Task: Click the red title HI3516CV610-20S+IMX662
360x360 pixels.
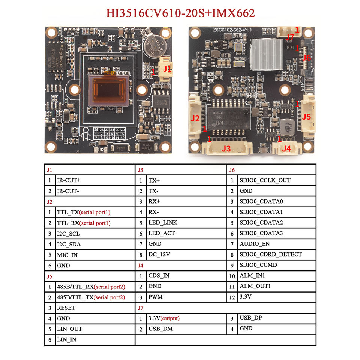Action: tap(180, 13)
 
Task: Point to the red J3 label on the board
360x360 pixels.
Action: tap(226, 148)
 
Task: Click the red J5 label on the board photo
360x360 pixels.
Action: tap(306, 117)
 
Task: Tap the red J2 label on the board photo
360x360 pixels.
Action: tap(195, 118)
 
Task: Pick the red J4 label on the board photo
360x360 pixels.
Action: tap(286, 148)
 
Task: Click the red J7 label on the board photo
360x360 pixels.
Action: tap(290, 37)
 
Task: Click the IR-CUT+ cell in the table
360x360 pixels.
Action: tap(69, 180)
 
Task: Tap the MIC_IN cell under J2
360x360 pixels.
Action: tap(67, 255)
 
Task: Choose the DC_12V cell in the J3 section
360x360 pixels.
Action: tap(159, 254)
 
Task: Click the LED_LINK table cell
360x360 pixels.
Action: tap(162, 222)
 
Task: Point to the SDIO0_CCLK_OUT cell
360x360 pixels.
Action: tap(265, 180)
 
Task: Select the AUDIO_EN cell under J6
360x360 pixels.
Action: tap(255, 244)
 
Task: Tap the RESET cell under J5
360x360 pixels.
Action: tap(66, 307)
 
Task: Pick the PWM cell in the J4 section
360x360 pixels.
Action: tap(155, 297)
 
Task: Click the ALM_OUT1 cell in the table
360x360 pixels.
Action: tap(255, 286)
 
